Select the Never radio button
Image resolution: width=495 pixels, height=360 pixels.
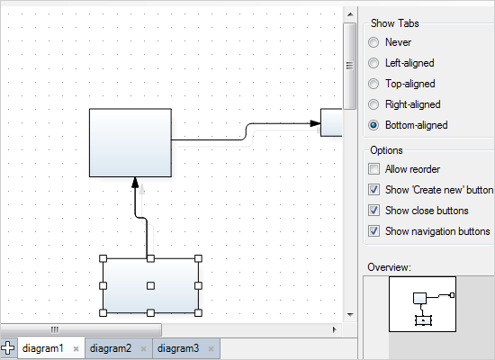(373, 42)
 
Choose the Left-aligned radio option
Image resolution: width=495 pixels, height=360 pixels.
(373, 63)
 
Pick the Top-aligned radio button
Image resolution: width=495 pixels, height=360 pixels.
(373, 84)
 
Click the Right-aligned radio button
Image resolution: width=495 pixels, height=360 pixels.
(373, 104)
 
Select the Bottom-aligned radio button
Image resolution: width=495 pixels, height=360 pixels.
(373, 125)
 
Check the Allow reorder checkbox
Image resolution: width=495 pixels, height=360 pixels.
(374, 169)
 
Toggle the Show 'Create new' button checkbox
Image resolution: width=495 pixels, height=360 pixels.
(374, 190)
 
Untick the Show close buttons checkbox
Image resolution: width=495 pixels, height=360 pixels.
(374, 211)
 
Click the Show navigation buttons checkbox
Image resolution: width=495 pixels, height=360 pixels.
(374, 231)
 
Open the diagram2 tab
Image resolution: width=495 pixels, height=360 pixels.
(111, 348)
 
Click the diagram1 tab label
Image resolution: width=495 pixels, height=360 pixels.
(42, 348)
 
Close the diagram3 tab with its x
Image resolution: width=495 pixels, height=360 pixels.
(211, 348)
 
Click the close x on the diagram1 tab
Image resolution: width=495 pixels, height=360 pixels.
(76, 348)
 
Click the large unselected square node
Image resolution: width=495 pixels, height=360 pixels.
(130, 142)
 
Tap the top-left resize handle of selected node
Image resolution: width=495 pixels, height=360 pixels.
(103, 260)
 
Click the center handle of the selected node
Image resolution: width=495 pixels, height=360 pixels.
(151, 286)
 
